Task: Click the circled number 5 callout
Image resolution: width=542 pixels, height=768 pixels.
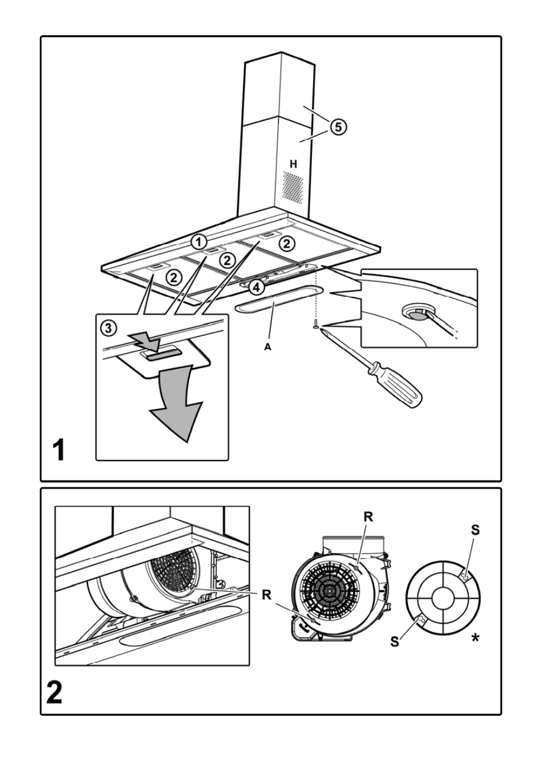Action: click(337, 127)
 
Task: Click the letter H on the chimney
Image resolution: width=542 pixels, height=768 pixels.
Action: click(293, 164)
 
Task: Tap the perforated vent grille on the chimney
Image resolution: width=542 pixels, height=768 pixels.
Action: click(294, 186)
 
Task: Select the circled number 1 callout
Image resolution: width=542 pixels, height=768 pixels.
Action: click(198, 241)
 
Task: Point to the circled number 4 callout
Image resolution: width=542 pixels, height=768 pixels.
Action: click(257, 287)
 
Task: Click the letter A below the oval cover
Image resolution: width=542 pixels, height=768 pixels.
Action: click(267, 347)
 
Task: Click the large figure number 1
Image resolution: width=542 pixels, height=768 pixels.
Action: click(58, 451)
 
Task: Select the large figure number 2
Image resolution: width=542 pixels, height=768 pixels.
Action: click(55, 692)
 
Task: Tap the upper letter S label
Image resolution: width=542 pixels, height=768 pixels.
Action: click(476, 530)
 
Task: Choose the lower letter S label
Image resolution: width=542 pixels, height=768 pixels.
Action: click(395, 641)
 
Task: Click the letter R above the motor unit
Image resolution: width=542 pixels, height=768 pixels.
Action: click(368, 517)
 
